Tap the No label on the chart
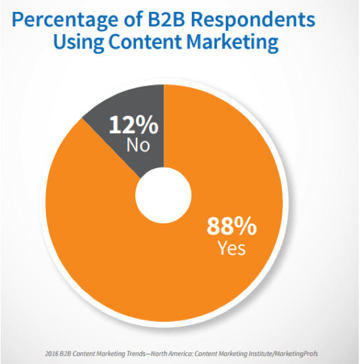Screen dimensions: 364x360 click(x=138, y=145)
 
